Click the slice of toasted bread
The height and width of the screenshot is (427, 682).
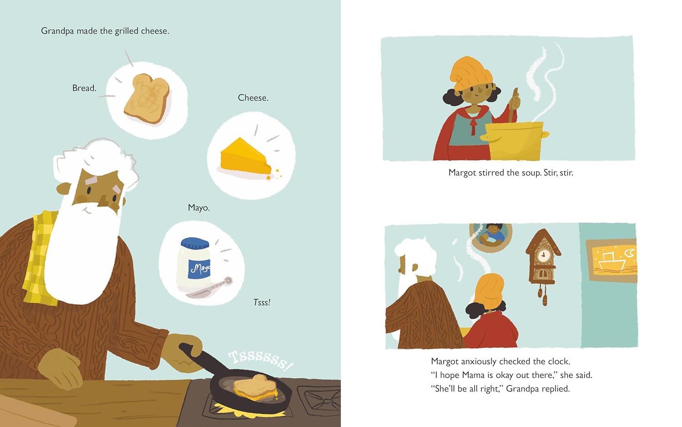click(147, 98)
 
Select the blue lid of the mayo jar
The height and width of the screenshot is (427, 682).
click(195, 243)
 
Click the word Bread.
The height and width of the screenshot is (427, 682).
click(84, 88)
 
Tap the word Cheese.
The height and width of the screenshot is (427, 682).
click(253, 97)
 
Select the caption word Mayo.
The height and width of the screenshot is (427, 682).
click(199, 208)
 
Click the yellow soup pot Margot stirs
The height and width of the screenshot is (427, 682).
click(515, 140)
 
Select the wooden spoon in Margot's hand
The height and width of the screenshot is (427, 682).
click(513, 105)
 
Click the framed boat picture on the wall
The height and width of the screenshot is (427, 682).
click(612, 260)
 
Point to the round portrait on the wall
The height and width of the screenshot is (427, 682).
click(491, 238)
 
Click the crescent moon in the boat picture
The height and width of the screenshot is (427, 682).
click(628, 253)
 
